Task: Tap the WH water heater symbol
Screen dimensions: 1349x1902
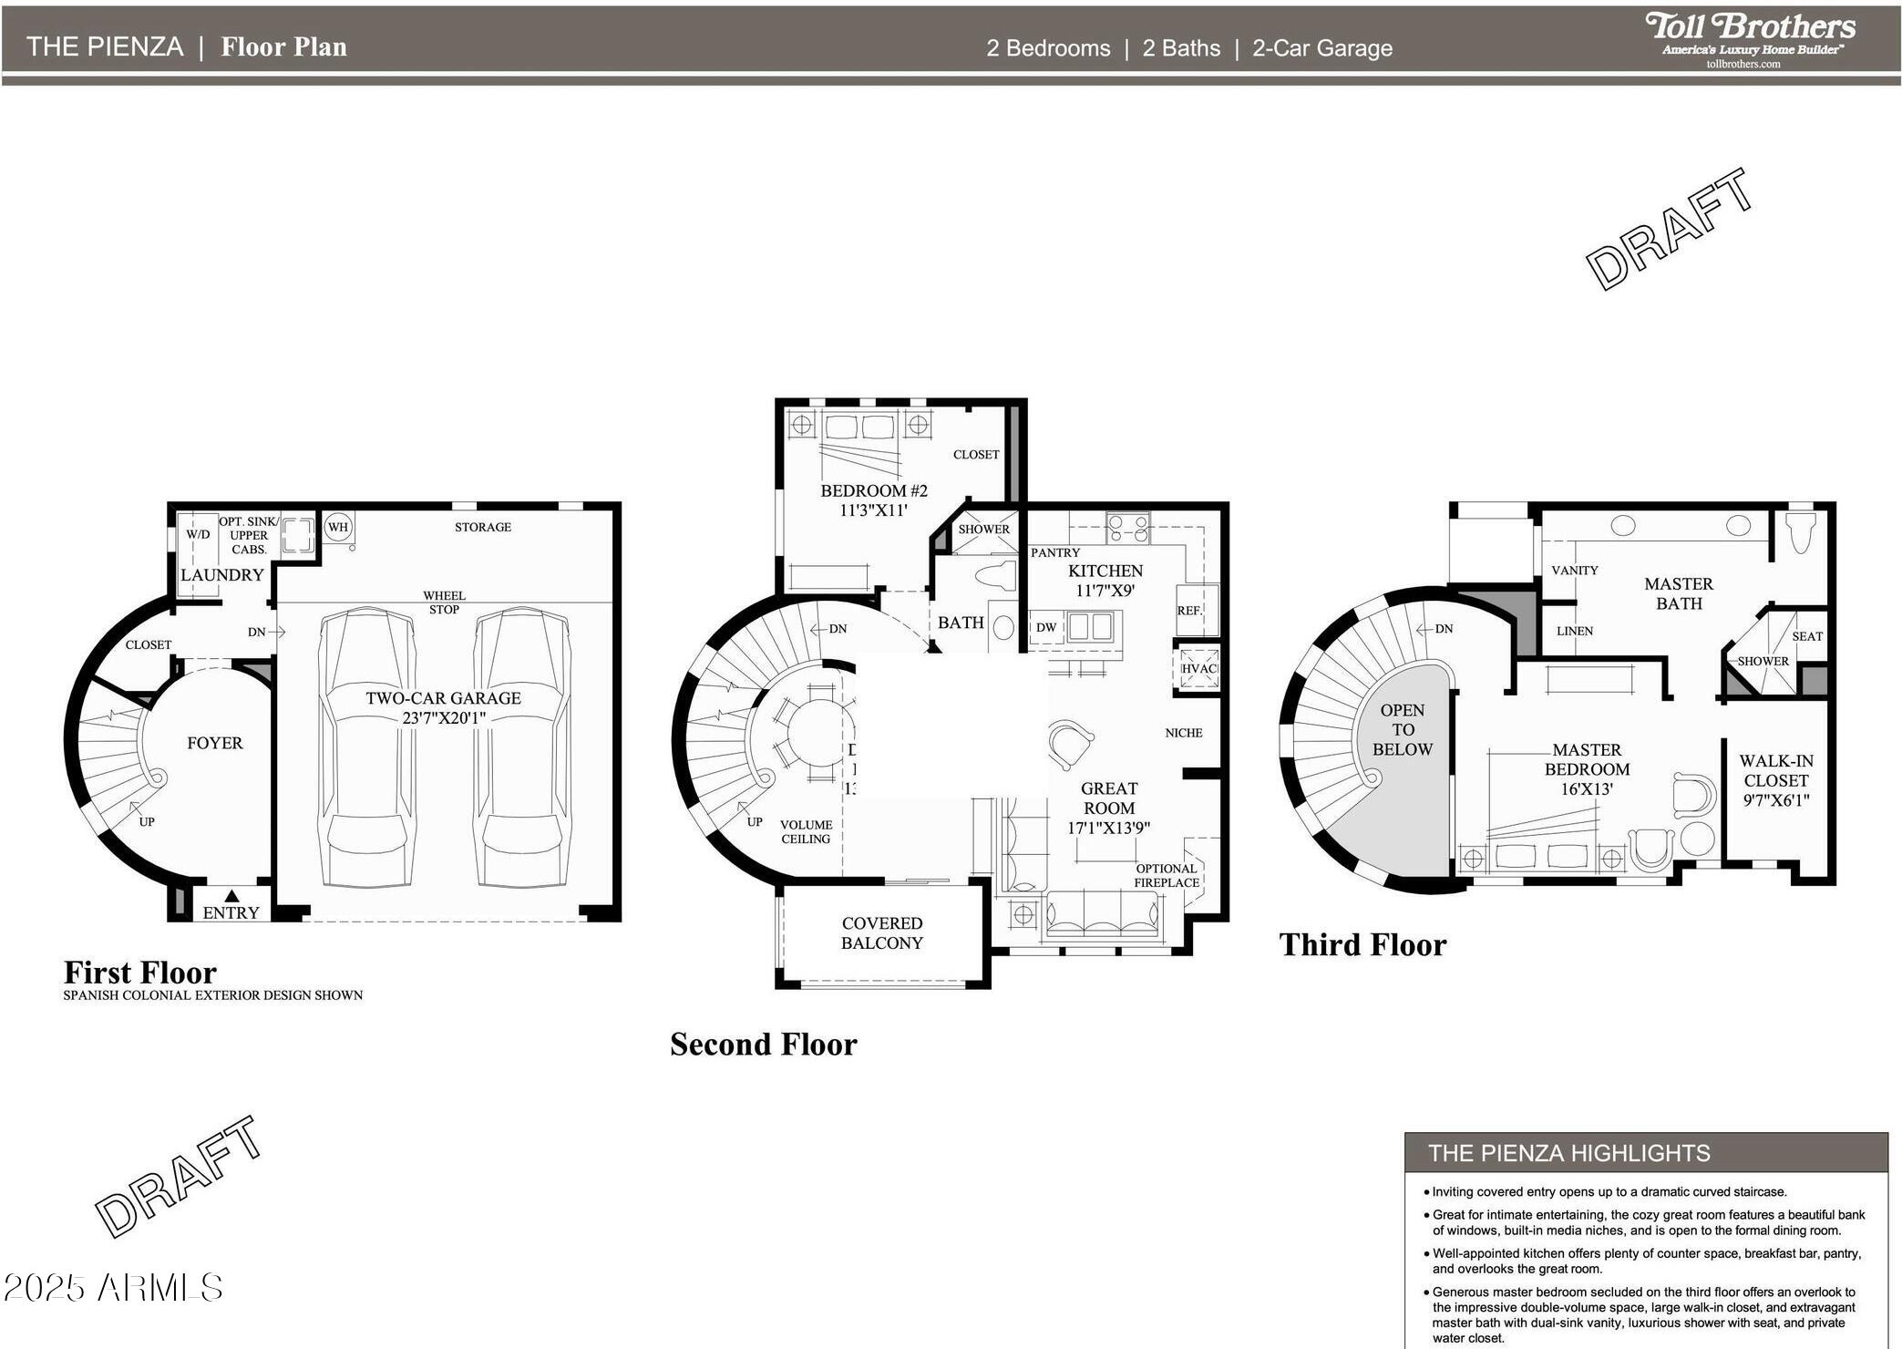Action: pyautogui.click(x=337, y=527)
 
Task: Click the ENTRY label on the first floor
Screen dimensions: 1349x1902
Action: pyautogui.click(x=231, y=912)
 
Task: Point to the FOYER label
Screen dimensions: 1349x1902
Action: pyautogui.click(x=215, y=743)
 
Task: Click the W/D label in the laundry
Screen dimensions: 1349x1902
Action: pyautogui.click(x=198, y=534)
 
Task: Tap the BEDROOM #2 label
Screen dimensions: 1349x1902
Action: pyautogui.click(x=873, y=500)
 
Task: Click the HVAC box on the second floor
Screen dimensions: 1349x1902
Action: pyautogui.click(x=1198, y=668)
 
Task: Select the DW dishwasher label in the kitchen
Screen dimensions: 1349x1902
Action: pyautogui.click(x=1045, y=627)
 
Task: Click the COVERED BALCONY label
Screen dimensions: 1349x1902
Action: pyautogui.click(x=881, y=933)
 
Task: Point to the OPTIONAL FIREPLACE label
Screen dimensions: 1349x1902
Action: pyautogui.click(x=1166, y=875)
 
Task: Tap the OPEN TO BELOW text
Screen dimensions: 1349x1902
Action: pyautogui.click(x=1402, y=729)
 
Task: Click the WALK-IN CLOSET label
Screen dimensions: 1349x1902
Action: pyautogui.click(x=1774, y=780)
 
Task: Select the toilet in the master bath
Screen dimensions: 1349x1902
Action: pyautogui.click(x=1801, y=532)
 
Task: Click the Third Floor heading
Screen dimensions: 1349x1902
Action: pyautogui.click(x=1362, y=944)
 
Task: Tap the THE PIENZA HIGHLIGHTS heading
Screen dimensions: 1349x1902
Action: pyautogui.click(x=1568, y=1153)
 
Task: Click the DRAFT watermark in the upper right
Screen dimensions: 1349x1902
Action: pyautogui.click(x=1670, y=230)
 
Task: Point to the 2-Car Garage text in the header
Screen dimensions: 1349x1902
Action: pyautogui.click(x=1321, y=48)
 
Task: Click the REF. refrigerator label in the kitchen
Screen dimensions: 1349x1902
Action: pyautogui.click(x=1188, y=611)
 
